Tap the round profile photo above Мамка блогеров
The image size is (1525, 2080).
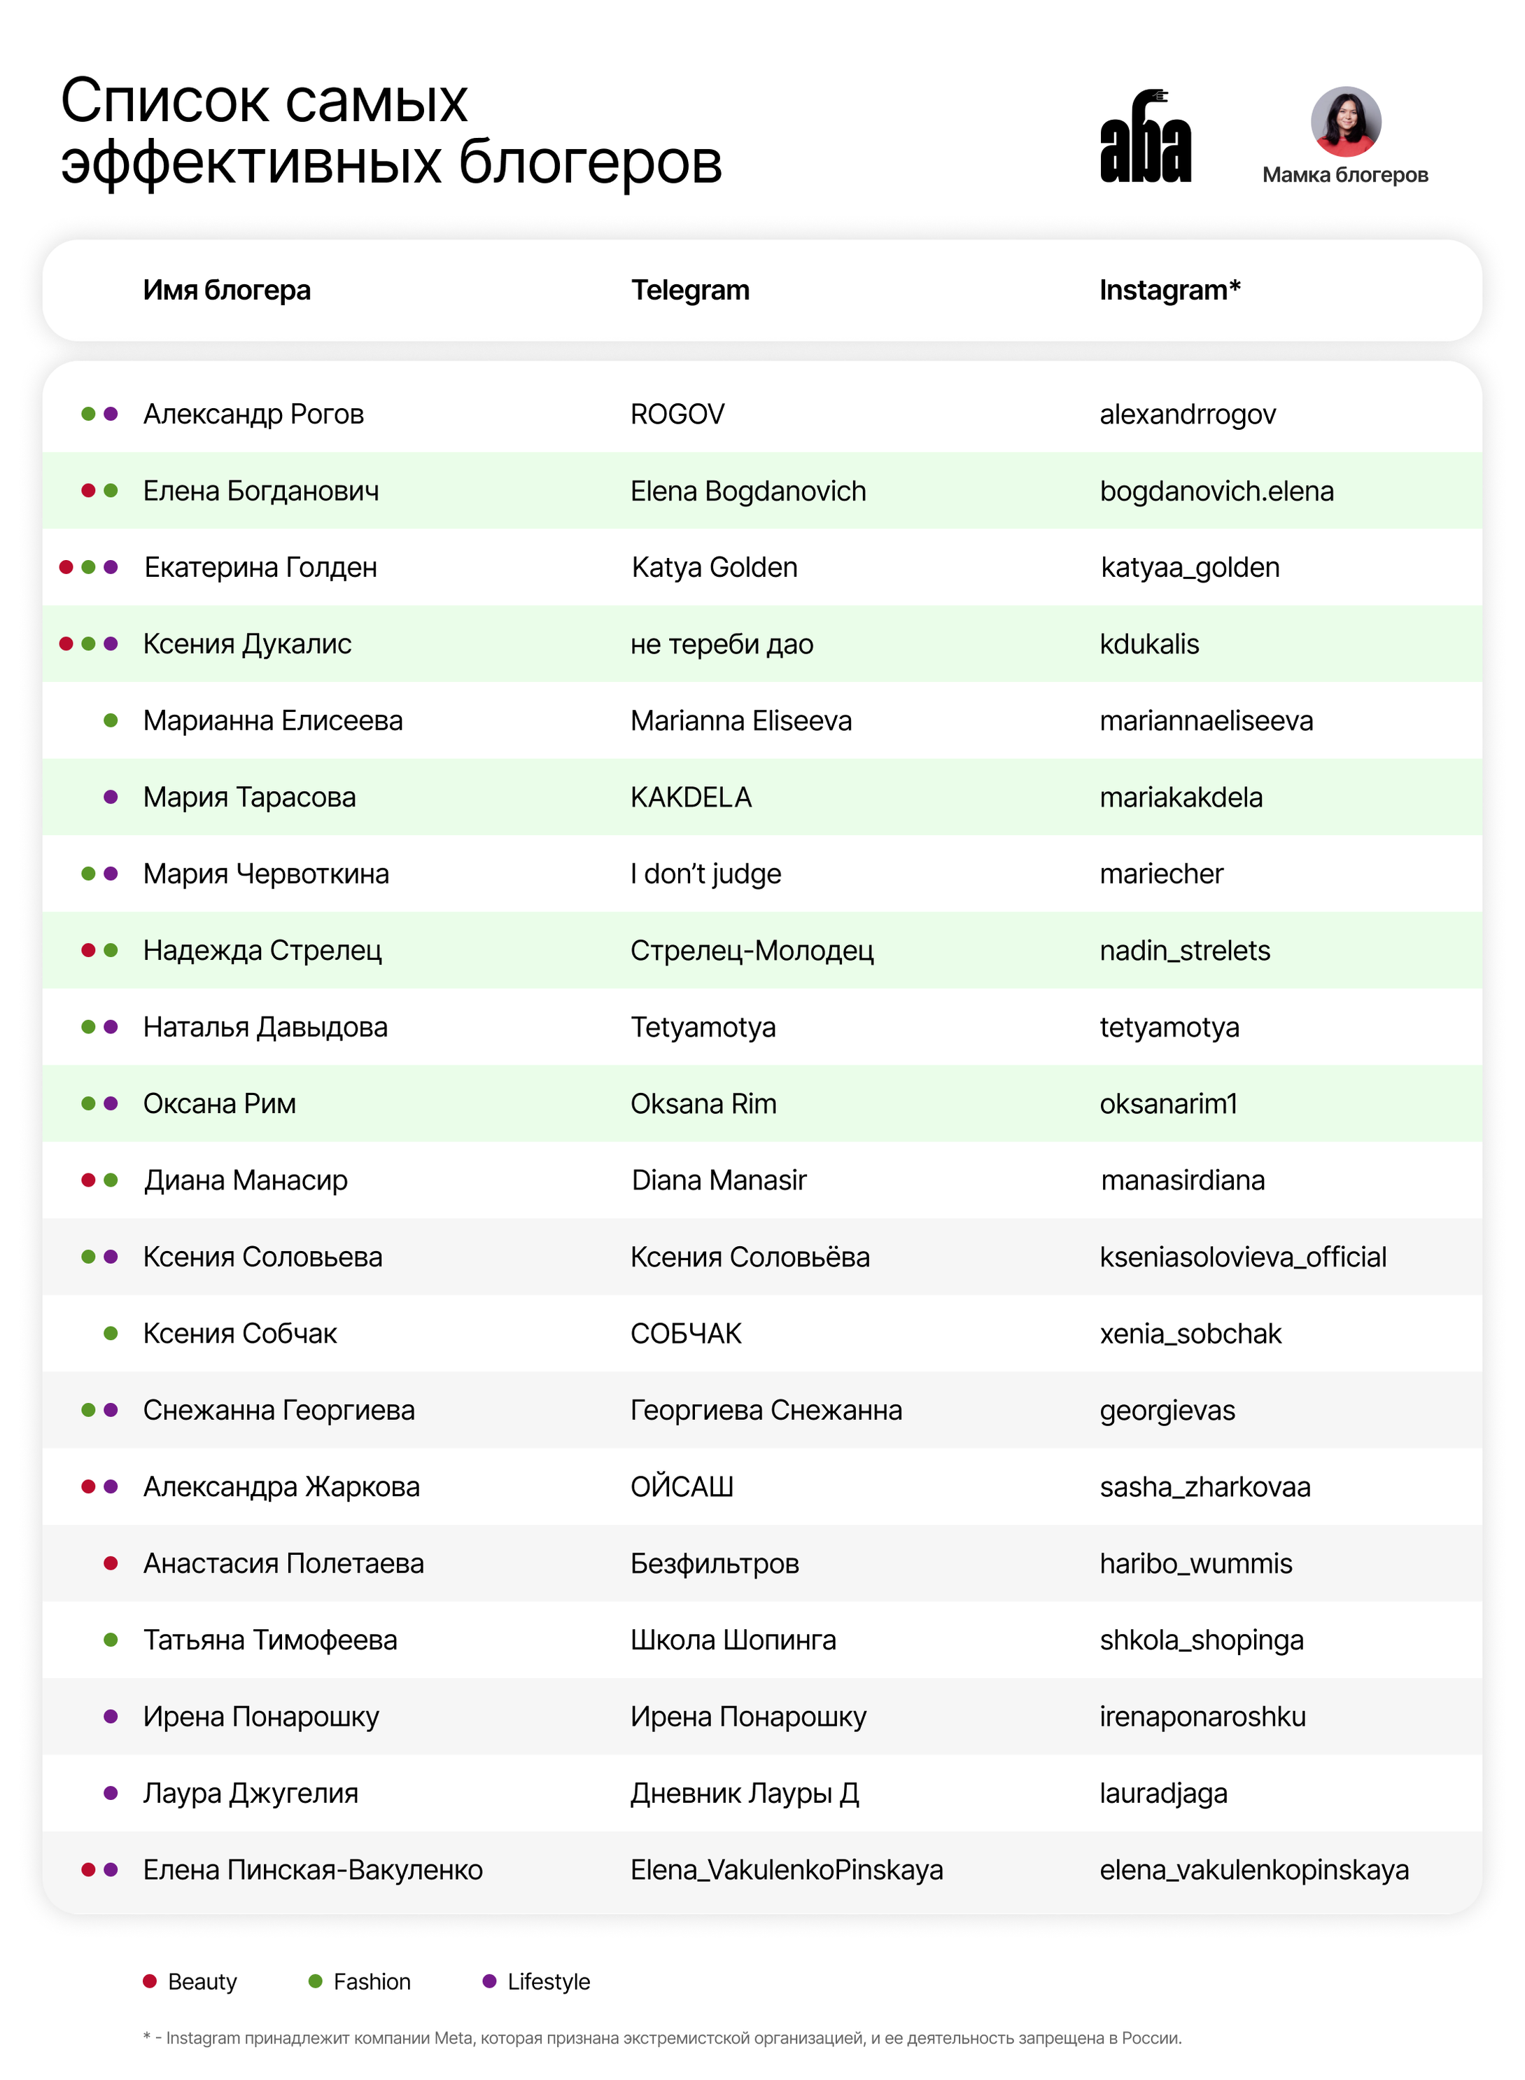(1345, 122)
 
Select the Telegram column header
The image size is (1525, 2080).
(689, 290)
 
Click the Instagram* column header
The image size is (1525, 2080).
(1169, 290)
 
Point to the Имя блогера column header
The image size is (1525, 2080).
(226, 290)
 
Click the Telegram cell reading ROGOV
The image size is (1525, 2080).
(677, 414)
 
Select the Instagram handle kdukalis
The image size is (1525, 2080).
(1148, 644)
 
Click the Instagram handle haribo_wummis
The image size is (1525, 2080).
(1195, 1564)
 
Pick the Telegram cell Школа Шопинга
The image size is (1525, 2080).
(733, 1640)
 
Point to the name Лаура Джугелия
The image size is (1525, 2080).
(250, 1794)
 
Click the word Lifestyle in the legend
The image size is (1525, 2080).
(548, 1982)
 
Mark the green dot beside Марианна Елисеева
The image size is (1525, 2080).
(111, 720)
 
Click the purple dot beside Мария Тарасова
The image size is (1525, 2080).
(111, 797)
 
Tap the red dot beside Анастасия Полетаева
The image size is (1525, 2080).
(111, 1563)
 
